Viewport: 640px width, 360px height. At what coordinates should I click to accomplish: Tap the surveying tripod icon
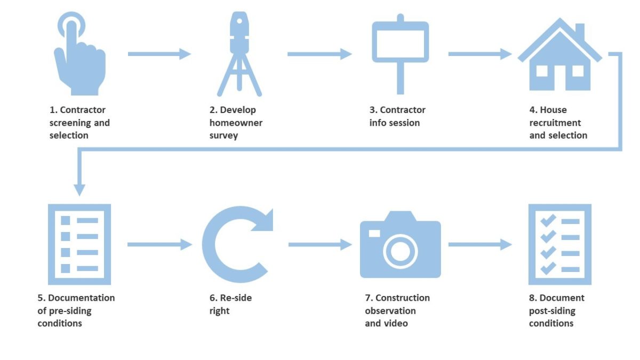[239, 53]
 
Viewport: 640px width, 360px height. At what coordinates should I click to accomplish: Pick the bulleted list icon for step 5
[79, 244]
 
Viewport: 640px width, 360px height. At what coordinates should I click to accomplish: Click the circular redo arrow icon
[235, 244]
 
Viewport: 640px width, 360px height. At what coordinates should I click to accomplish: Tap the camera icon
[400, 245]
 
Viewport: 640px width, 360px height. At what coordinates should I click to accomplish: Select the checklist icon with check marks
[559, 244]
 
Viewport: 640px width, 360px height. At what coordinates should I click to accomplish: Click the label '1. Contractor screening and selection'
[79, 123]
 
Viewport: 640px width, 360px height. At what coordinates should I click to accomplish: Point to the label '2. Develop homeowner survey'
[236, 123]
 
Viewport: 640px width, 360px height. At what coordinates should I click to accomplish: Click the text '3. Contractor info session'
[397, 116]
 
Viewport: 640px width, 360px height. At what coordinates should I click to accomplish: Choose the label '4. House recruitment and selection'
[558, 123]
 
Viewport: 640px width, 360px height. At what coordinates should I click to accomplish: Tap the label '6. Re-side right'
[230, 304]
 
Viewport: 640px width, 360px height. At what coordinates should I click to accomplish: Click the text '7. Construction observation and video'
[397, 310]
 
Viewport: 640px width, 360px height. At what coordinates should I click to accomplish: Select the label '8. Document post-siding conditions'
[556, 310]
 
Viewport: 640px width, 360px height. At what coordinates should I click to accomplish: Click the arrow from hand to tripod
[159, 53]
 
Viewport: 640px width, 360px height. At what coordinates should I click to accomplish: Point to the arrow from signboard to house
[479, 54]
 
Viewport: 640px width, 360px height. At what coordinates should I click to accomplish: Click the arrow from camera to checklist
[479, 245]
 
